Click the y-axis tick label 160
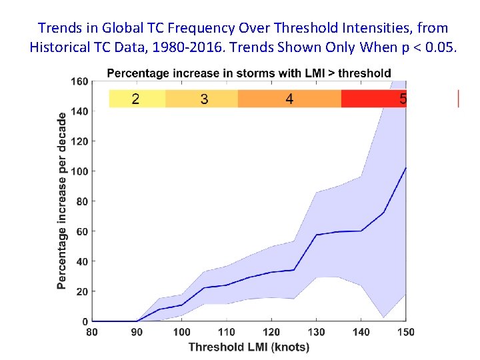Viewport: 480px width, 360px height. (79, 81)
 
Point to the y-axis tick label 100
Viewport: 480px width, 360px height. (79, 171)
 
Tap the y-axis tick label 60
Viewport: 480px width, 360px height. (81, 231)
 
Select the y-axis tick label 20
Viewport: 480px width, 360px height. (81, 291)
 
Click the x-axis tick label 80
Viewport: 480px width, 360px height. (92, 332)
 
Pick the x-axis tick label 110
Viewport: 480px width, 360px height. (227, 332)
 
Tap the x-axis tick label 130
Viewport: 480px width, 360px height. (316, 332)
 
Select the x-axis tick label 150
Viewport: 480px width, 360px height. (405, 332)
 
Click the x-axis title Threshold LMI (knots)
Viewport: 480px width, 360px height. (249, 347)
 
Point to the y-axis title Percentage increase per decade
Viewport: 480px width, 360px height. (62, 200)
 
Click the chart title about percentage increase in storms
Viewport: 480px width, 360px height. (249, 72)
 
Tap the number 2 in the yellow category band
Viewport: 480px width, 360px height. (135, 99)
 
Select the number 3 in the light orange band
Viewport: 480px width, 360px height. (203, 99)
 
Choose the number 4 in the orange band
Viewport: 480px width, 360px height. (289, 99)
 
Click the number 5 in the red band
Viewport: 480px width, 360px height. (403, 99)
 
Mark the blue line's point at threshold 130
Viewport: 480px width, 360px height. (316, 235)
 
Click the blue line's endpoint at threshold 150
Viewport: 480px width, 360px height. (405, 167)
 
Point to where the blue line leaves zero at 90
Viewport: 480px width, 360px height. (137, 321)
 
